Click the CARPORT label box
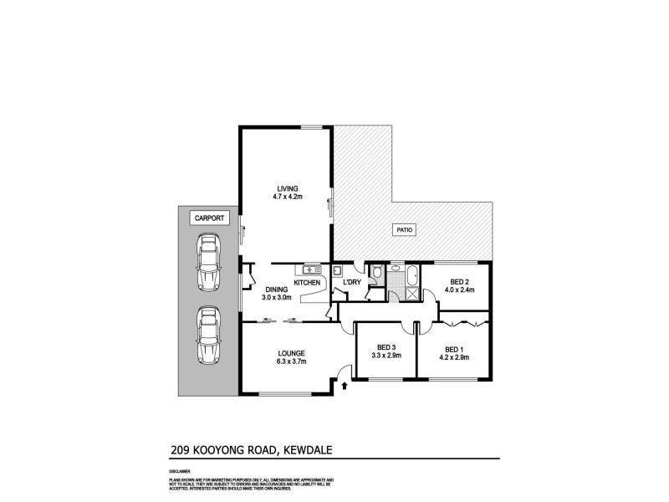208,218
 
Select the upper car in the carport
207,261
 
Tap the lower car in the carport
207,336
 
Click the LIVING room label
287,188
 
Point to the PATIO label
405,229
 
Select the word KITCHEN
307,284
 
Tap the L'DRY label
352,284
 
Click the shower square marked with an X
411,294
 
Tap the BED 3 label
386,348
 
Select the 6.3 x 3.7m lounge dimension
292,361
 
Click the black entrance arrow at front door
345,386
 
